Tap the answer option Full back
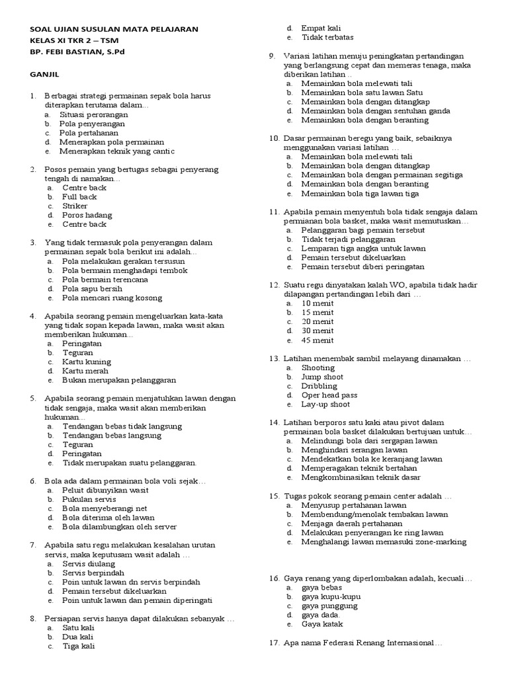point(79,196)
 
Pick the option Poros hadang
point(87,215)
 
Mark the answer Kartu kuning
point(87,362)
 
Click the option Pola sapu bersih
point(92,288)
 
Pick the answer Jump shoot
point(322,376)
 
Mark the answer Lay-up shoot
point(325,403)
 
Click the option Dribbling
point(319,385)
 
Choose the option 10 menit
point(317,303)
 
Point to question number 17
point(275,643)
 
